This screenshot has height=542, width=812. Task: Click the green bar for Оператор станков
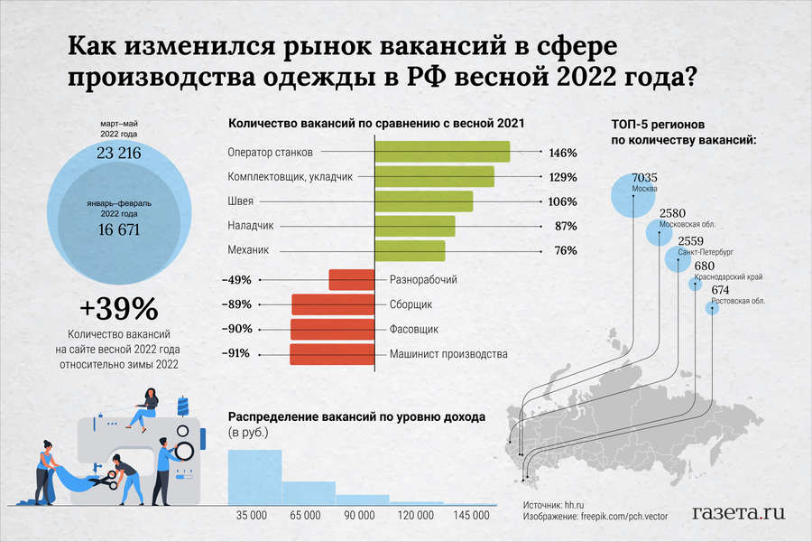[442, 152]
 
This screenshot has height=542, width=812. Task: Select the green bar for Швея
[423, 201]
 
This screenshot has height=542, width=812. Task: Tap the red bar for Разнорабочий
[352, 280]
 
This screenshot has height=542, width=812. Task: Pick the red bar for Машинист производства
[332, 353]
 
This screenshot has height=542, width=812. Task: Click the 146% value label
[562, 152]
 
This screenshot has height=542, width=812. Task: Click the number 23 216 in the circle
[118, 154]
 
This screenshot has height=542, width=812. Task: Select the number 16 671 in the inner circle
[118, 229]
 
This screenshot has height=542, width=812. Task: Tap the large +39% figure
[118, 309]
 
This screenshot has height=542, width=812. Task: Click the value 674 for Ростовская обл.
[720, 290]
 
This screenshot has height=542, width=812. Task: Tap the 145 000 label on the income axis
[469, 515]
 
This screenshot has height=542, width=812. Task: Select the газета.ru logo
[737, 511]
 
